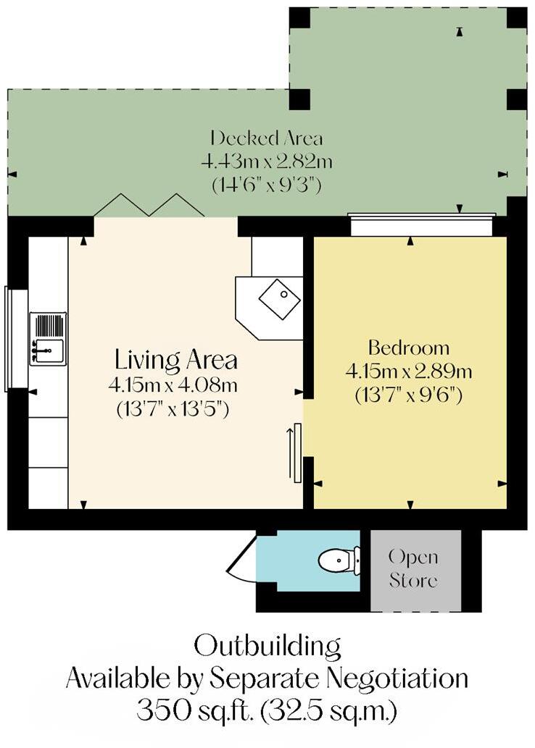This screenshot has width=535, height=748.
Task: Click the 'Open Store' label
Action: [x=414, y=568]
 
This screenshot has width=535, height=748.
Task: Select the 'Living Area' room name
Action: [x=176, y=359]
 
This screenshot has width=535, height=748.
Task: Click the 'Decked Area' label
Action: [x=266, y=138]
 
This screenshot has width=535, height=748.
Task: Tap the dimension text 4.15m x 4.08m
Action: [x=176, y=384]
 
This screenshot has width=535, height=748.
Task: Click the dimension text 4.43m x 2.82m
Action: [x=266, y=161]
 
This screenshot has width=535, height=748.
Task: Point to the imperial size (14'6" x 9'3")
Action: [x=266, y=185]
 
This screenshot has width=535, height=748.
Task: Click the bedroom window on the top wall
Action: [x=421, y=224]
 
